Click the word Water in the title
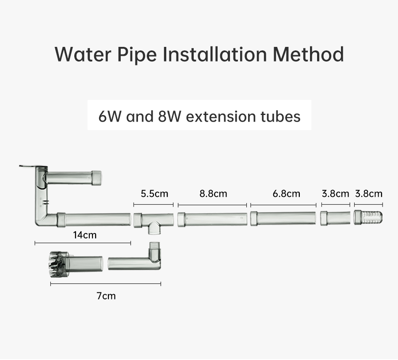[x=83, y=54]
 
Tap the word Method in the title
[x=308, y=54]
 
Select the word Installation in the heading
[x=214, y=54]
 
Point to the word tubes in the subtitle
[x=280, y=116]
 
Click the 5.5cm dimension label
[x=154, y=194]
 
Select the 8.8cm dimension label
[x=213, y=194]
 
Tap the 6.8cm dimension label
[x=286, y=194]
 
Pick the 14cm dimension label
[x=85, y=235]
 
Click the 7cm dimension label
[x=106, y=296]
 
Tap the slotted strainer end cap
[x=368, y=218]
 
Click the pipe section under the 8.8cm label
[x=212, y=220]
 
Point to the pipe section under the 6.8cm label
[x=283, y=218]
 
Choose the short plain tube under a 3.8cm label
[x=335, y=218]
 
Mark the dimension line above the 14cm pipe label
[x=83, y=243]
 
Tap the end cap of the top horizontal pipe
[x=96, y=178]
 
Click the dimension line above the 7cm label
[x=106, y=284]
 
